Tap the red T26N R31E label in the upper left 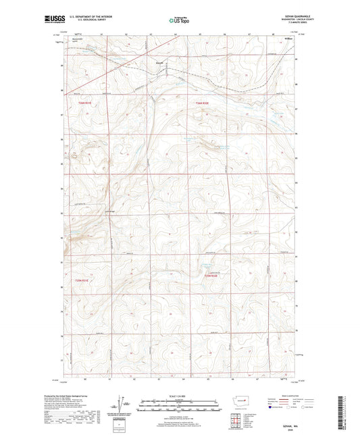pos(79,103)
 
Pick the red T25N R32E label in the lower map pos(211,275)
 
